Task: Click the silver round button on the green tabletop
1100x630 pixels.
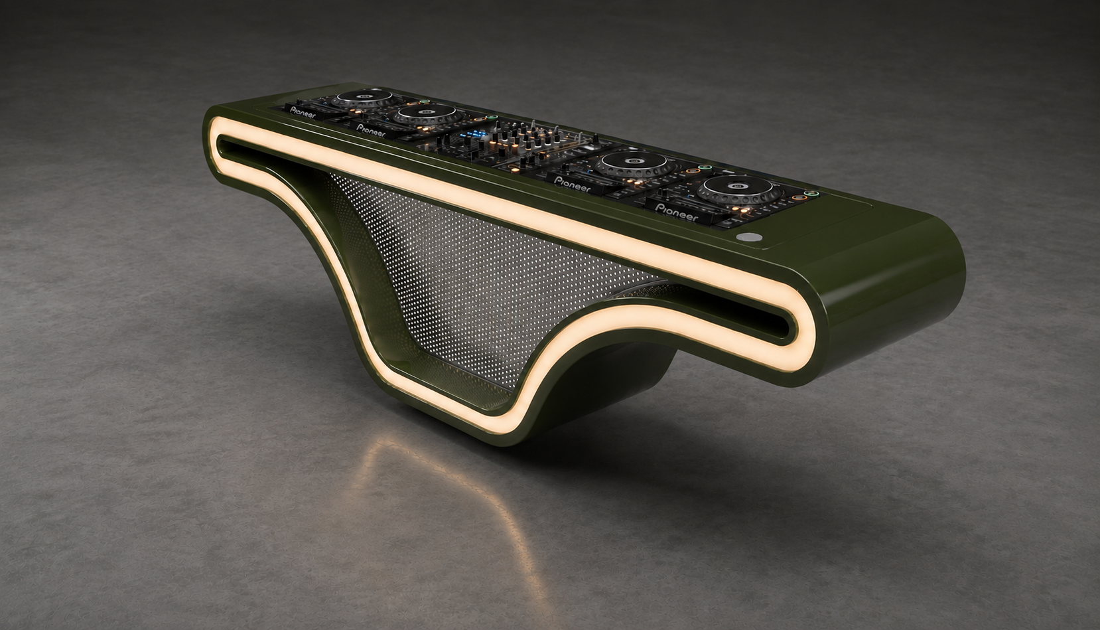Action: point(750,237)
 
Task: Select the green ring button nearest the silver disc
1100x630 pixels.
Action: point(811,194)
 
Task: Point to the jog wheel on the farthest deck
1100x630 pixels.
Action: point(364,98)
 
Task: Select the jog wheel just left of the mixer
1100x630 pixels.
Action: point(429,114)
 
